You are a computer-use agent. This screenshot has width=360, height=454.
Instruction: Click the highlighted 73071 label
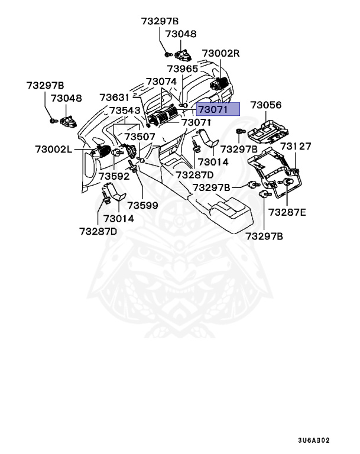[218, 109]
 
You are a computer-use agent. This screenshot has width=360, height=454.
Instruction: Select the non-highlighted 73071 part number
[196, 123]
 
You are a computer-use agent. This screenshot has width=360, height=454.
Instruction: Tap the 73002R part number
[220, 53]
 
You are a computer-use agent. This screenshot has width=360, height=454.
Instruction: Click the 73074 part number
[161, 82]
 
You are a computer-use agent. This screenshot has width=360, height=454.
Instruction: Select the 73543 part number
[124, 111]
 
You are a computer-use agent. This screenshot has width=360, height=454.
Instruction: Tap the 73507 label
[140, 137]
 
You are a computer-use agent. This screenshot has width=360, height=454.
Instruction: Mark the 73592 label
[114, 176]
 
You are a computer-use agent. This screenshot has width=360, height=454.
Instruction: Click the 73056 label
[265, 106]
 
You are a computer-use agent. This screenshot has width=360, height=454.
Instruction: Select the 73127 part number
[296, 146]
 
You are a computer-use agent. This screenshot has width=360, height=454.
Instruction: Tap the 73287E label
[287, 212]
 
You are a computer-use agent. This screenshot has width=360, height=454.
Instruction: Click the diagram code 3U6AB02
[314, 440]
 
